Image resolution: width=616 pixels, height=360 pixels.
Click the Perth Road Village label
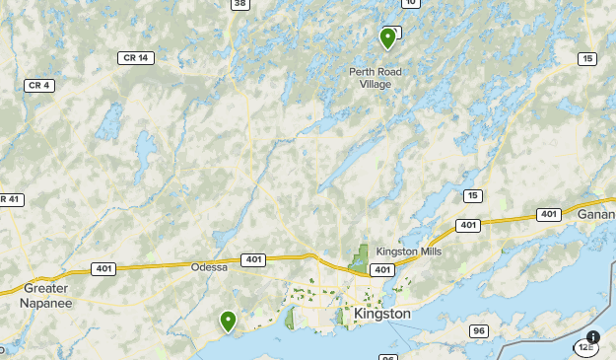coord(370,78)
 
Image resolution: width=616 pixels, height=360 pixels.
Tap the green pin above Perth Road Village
coord(387,37)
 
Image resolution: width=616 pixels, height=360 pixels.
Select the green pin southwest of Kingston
coord(228,321)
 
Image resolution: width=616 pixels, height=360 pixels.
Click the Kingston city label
coord(381,313)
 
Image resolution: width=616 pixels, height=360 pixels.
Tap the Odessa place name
coord(209,267)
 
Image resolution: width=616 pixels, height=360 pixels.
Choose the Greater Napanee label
coord(45,296)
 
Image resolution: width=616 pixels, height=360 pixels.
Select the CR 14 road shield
coord(135,58)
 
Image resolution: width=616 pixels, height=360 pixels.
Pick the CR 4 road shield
coord(38,85)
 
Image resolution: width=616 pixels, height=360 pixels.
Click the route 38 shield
coord(240,4)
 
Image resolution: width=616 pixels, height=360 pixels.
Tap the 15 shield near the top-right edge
coord(587,59)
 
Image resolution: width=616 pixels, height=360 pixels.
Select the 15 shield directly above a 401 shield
coord(473,196)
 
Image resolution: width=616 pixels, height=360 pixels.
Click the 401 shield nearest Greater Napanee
coord(103,268)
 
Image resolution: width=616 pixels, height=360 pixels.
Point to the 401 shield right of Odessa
coord(252,259)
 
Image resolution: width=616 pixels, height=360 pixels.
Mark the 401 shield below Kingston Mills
coord(381,269)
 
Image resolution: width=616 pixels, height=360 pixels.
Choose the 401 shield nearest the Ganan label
coord(548,214)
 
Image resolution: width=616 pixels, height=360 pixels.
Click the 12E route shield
coord(587,346)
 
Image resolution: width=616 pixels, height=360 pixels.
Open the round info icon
coord(593,336)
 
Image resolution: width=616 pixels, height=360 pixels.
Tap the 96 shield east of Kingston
coord(479,330)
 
